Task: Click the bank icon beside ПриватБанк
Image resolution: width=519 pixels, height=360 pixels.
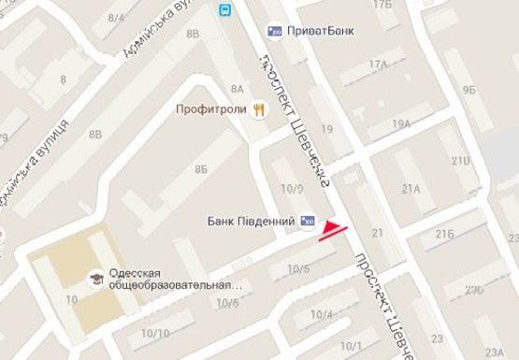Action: (275, 30)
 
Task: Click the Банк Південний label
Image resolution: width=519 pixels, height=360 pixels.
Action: (251, 222)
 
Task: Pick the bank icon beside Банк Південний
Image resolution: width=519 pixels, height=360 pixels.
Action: (308, 222)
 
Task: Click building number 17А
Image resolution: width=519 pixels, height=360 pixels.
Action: (378, 65)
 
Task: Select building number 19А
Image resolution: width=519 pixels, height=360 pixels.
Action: (402, 123)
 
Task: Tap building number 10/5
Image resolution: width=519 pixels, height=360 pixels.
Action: (298, 269)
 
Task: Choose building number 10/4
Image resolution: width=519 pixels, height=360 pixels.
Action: (321, 314)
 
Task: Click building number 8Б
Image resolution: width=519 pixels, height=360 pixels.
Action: (201, 169)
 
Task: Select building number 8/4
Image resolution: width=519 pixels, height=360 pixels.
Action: (117, 17)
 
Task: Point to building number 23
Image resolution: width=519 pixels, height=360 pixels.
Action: (436, 338)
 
